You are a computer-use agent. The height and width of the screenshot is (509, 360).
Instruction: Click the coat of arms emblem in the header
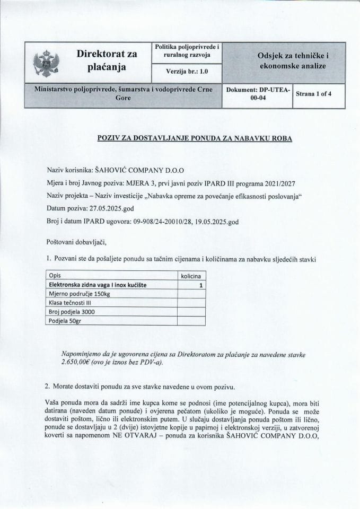(x=44, y=63)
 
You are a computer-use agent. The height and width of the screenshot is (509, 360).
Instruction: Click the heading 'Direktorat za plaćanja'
(x=107, y=61)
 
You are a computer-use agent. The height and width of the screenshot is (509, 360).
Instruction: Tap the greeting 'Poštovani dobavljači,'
(x=76, y=243)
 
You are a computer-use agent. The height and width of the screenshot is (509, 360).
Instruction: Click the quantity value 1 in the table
(x=201, y=285)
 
